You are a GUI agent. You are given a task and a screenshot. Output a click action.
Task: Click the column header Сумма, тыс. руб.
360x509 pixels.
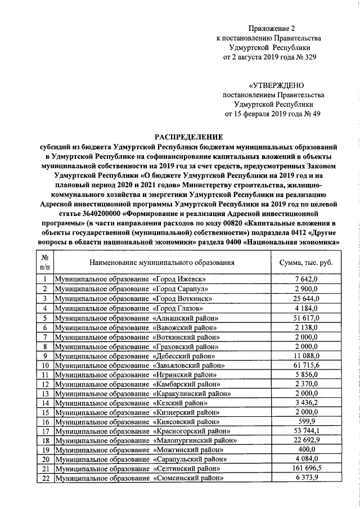click(x=306, y=262)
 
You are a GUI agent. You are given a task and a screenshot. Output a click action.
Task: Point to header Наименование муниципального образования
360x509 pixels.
click(x=161, y=262)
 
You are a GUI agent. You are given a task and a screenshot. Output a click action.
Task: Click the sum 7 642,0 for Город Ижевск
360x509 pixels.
click(x=306, y=279)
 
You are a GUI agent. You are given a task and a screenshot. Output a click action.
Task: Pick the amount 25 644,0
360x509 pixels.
click(x=306, y=299)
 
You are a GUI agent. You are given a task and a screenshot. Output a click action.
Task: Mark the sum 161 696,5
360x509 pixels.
click(x=306, y=469)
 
